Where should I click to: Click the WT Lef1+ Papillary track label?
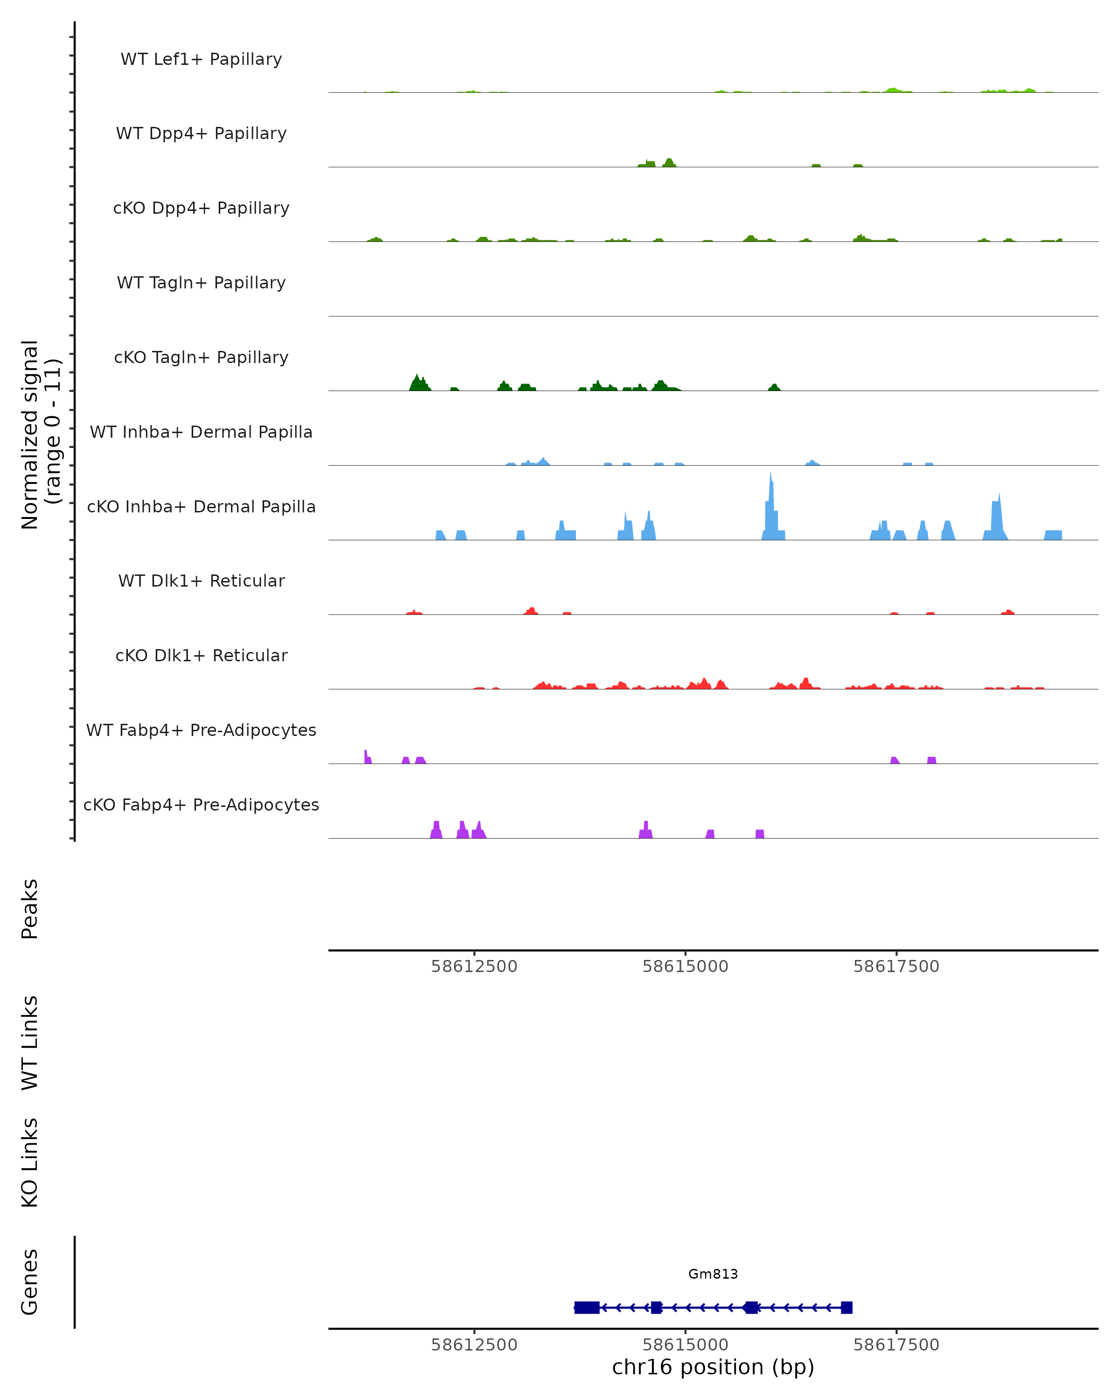click(x=201, y=59)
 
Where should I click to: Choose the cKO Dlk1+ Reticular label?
click(x=201, y=655)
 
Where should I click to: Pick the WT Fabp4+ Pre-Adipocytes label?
click(x=201, y=730)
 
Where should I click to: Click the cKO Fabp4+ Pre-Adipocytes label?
click(x=201, y=805)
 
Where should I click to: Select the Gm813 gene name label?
click(x=713, y=1274)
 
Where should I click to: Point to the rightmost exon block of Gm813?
click(x=846, y=1307)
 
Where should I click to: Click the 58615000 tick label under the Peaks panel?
click(x=685, y=966)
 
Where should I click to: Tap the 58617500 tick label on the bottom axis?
click(x=896, y=1345)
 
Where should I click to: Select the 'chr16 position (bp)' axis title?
click(x=713, y=1367)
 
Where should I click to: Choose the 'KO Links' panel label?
click(x=30, y=1162)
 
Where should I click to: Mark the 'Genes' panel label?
click(x=30, y=1282)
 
